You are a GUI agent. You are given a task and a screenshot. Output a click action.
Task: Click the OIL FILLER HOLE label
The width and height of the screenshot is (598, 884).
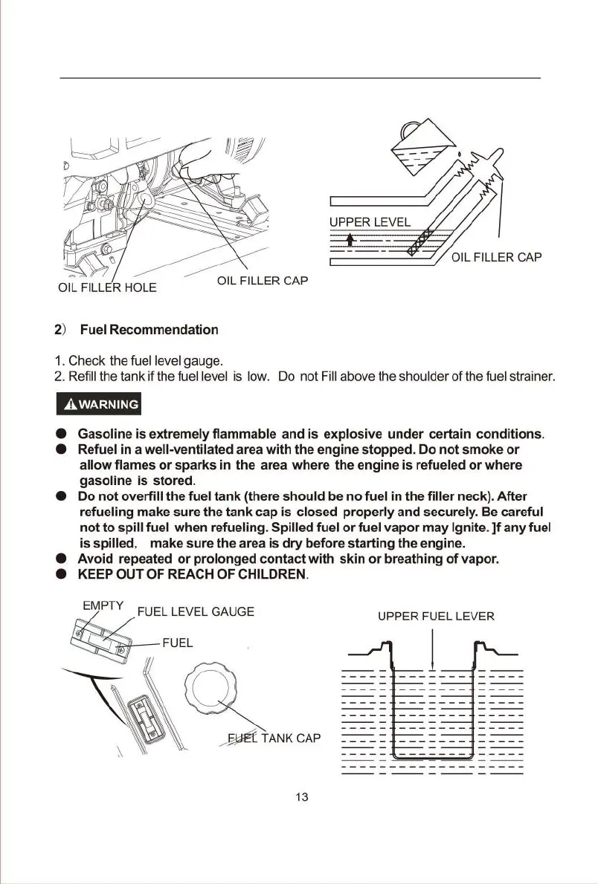click(107, 287)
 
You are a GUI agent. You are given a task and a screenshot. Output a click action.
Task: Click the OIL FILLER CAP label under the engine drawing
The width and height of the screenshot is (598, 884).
click(263, 281)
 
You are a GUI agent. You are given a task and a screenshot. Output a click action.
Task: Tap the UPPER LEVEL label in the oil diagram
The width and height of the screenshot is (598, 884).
click(370, 222)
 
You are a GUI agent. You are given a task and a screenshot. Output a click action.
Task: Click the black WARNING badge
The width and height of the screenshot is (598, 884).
click(100, 405)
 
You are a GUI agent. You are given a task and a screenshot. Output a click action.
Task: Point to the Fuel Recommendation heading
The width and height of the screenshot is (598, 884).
click(149, 329)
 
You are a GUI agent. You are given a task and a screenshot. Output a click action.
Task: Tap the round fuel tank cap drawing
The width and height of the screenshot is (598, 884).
click(211, 689)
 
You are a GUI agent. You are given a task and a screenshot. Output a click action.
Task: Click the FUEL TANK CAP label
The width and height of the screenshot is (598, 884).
click(274, 738)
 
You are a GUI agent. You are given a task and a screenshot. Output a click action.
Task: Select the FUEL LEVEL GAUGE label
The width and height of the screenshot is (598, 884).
click(196, 611)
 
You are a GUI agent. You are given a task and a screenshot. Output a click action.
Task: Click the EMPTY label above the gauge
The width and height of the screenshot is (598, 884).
click(103, 605)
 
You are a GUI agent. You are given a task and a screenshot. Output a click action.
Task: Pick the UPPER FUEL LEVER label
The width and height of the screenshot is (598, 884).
click(436, 616)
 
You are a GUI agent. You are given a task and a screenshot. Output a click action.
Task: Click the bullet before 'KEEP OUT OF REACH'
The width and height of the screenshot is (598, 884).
click(63, 576)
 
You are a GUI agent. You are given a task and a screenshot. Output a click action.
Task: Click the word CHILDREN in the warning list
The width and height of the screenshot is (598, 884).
click(258, 576)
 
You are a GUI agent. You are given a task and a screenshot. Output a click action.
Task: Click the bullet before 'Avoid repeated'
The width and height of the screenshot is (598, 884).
click(63, 559)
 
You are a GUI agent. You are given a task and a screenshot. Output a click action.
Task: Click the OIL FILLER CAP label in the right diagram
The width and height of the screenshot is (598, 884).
click(497, 258)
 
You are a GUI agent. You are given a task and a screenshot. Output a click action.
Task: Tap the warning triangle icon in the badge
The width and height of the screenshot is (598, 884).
click(70, 405)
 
